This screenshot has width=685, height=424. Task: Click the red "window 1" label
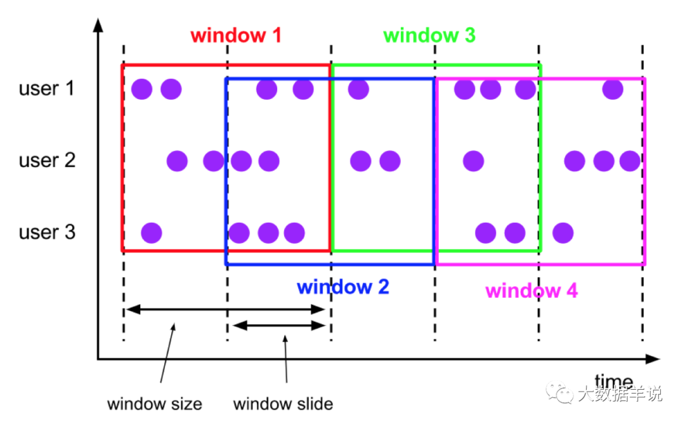[236, 35]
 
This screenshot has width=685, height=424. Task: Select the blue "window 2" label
[342, 287]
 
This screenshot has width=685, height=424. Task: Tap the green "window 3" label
[429, 35]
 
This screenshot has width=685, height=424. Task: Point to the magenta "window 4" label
[532, 291]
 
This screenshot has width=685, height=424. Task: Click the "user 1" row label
[47, 88]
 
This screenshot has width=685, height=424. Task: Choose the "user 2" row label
[47, 160]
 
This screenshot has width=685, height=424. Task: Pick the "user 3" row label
[47, 232]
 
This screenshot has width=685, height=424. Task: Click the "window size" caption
[154, 403]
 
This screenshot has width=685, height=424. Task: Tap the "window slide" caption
[283, 403]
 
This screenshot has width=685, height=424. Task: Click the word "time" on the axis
[613, 381]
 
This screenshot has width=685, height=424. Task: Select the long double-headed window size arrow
[225, 310]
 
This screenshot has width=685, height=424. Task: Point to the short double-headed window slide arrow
[279, 326]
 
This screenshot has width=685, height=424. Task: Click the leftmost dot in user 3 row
[152, 233]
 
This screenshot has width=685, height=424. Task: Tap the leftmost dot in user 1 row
[141, 89]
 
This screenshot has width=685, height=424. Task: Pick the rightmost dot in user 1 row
[612, 89]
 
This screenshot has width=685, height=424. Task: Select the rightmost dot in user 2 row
[630, 161]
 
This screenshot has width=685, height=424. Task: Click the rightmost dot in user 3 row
[563, 233]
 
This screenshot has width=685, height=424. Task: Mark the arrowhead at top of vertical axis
[98, 25]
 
